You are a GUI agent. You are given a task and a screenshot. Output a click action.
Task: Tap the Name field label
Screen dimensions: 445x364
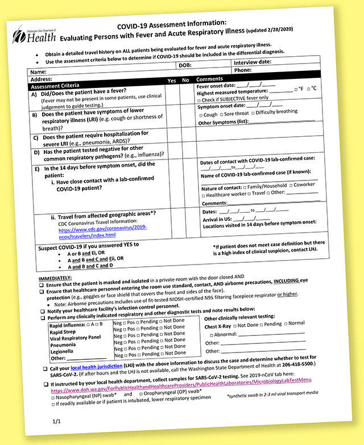[x=38, y=72]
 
